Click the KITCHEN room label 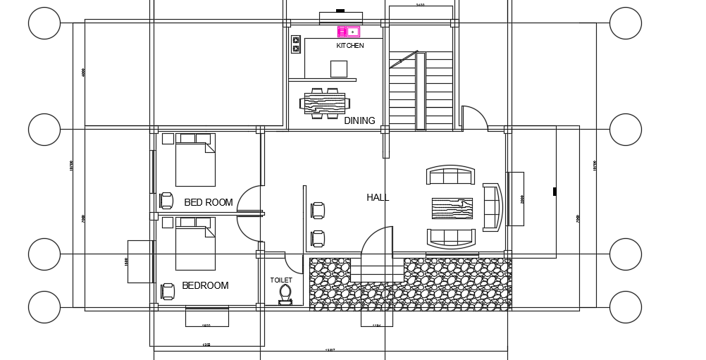coord(350,46)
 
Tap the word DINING coord(359,121)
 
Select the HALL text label coord(378,198)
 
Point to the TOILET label coord(281,280)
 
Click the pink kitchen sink coord(349,32)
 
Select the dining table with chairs coord(325,103)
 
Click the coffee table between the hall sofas coord(452,209)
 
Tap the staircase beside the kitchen coord(421,92)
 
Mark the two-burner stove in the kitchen coord(296,44)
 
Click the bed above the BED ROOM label coord(194,162)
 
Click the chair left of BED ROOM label coord(166,201)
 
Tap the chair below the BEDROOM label coord(168,291)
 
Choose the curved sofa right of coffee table coord(492,206)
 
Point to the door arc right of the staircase coord(474,118)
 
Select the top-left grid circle coord(44,23)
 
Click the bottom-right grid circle coord(625,306)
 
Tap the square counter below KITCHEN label coord(339,68)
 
